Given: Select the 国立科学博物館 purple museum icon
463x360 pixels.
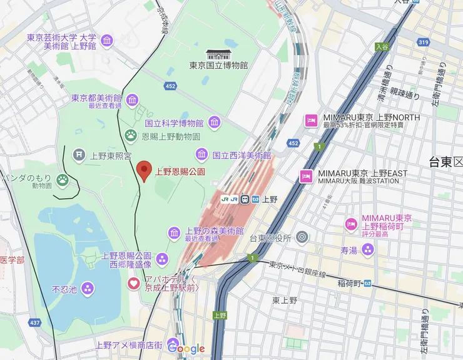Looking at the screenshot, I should point(215,122).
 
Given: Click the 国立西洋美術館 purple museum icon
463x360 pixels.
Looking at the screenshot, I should point(201,153).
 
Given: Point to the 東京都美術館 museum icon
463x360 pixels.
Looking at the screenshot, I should point(132,100).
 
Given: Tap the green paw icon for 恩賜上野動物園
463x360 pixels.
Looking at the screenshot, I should point(131,135).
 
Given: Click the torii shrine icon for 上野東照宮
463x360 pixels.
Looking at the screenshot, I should point(79,153).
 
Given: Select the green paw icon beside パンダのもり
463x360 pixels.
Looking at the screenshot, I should point(63,180).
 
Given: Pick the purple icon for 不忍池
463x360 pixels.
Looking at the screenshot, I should point(88,289).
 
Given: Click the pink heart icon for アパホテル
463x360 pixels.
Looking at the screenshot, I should point(134,284).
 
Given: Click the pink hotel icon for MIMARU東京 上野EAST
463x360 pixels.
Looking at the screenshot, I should point(307,176).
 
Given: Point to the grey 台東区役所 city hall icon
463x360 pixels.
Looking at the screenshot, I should point(302,237).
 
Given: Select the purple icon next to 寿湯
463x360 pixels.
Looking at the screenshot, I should point(367,250).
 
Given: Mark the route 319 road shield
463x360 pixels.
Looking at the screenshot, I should point(424,42).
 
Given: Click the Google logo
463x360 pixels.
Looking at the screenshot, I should point(186,349).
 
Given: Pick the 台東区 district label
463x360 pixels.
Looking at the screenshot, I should point(445,162).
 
